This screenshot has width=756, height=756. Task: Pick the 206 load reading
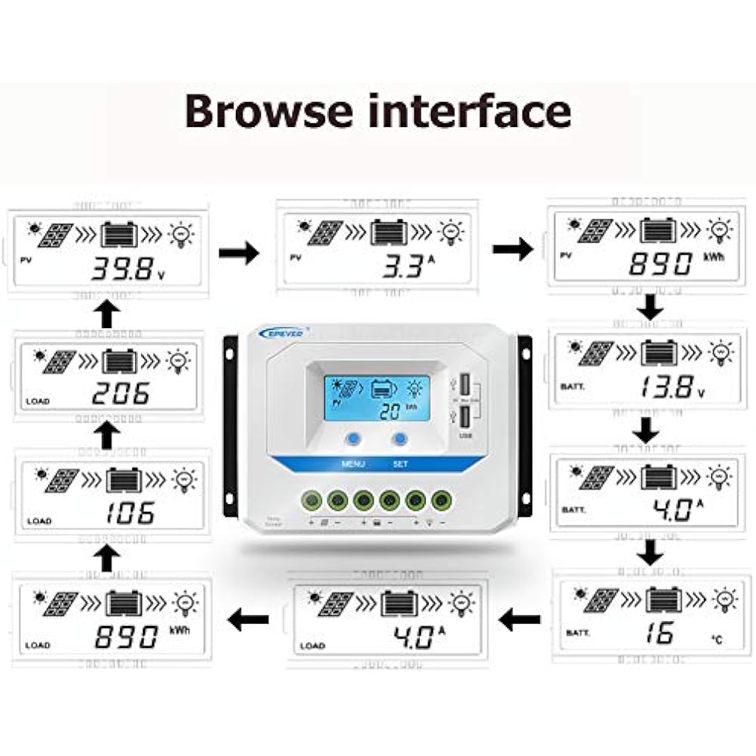point(120,392)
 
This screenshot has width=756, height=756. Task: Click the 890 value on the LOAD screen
point(126,637)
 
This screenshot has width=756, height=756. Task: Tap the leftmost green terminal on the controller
point(311,500)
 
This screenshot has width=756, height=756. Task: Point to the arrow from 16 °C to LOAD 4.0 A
point(521,621)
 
